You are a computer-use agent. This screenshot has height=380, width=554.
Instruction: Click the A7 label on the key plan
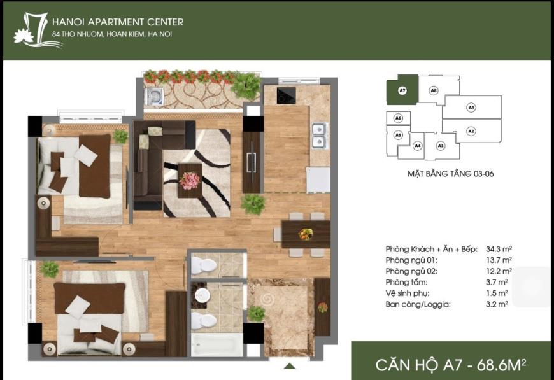tap(402, 90)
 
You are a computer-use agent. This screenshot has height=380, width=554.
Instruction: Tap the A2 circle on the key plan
tap(471, 131)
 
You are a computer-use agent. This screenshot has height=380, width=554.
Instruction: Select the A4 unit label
tap(418, 146)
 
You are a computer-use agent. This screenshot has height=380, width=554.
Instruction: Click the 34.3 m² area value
tap(499, 249)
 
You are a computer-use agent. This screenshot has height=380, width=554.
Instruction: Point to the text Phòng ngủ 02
tap(411, 271)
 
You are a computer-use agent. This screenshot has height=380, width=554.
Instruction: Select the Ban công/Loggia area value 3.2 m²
tap(497, 304)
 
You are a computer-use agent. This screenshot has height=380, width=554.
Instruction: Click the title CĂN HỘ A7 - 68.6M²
tap(450, 365)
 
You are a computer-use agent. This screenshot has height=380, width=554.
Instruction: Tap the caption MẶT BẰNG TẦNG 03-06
tap(450, 174)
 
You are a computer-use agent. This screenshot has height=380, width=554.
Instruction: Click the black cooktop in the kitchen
tap(286, 95)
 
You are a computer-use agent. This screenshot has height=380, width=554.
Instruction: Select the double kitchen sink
tap(319, 136)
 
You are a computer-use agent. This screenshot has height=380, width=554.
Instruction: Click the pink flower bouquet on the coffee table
tap(190, 180)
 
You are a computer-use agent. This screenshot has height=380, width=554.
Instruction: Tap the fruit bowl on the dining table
tap(306, 234)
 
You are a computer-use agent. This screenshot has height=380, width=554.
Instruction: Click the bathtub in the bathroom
tap(217, 344)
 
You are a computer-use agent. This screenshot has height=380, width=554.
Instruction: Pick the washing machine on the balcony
tap(154, 96)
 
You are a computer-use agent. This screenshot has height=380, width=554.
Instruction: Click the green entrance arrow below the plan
tap(289, 366)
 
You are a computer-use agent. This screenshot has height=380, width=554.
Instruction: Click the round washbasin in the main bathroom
tap(202, 295)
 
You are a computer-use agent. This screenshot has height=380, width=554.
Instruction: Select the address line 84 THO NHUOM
tap(112, 34)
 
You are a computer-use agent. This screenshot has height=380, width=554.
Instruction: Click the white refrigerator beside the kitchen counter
tap(318, 179)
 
